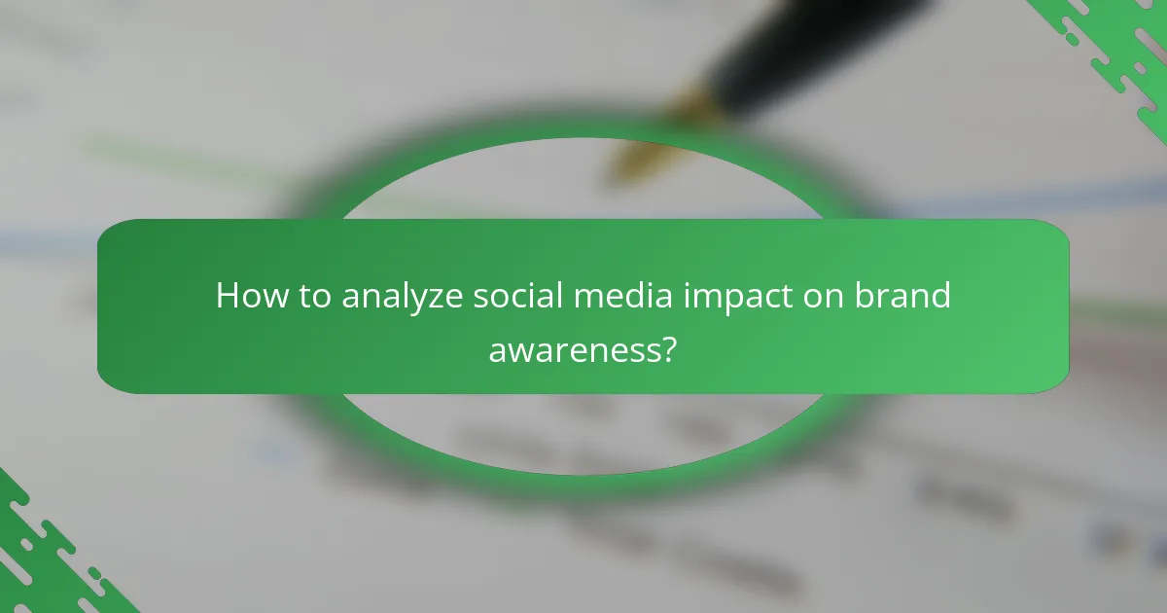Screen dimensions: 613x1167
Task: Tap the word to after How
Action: click(312, 296)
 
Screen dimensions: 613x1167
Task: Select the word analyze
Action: click(403, 296)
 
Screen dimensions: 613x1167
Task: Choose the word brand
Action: click(903, 296)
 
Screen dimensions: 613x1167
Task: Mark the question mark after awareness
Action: click(668, 348)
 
